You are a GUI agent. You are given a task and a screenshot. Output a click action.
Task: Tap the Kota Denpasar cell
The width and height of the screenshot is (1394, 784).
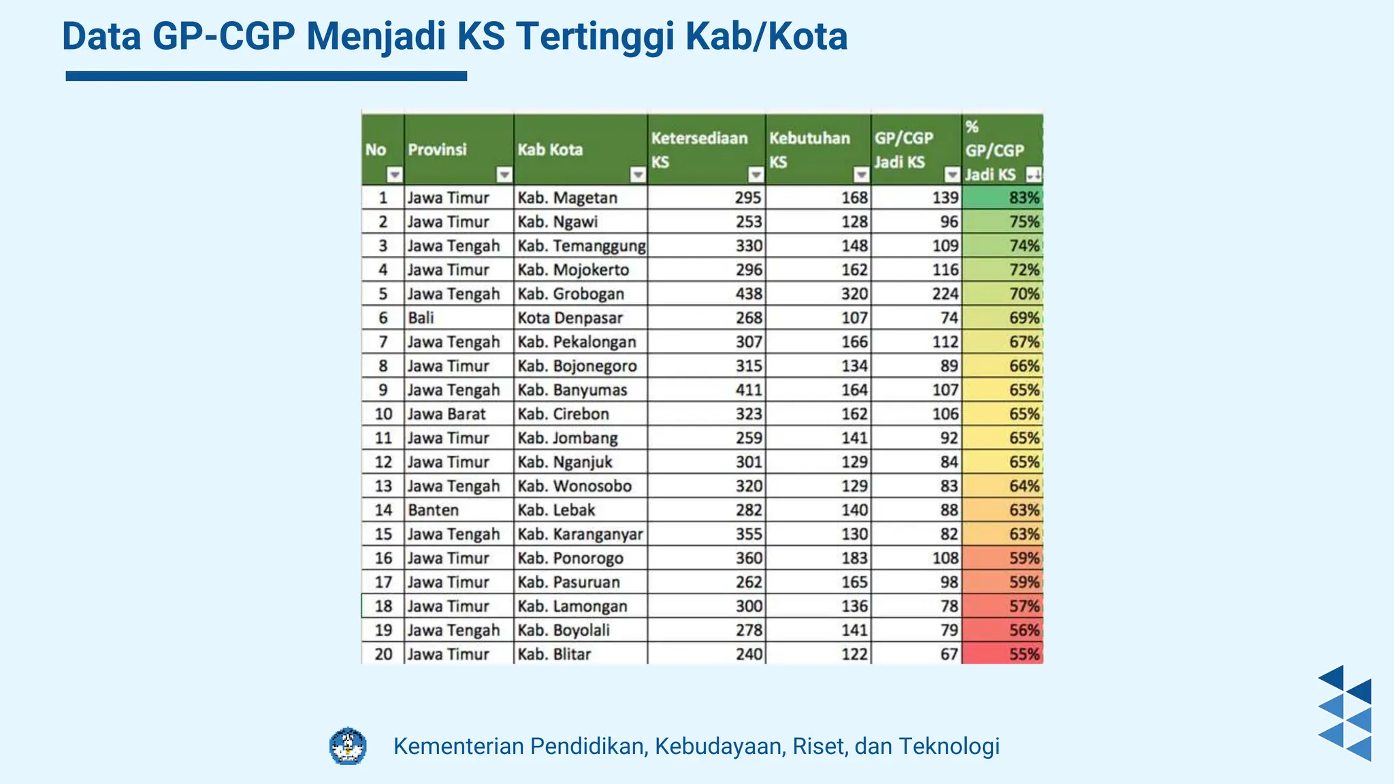click(570, 318)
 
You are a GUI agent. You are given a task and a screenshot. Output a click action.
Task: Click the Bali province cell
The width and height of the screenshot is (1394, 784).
click(421, 318)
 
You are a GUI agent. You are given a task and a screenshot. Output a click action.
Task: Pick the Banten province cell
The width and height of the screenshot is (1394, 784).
click(433, 510)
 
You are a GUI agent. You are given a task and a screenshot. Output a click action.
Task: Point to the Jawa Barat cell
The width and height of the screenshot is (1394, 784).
click(447, 414)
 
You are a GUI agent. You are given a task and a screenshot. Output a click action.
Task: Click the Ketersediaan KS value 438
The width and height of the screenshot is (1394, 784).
click(748, 294)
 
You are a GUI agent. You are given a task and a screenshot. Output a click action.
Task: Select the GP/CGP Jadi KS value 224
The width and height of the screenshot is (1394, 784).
click(945, 294)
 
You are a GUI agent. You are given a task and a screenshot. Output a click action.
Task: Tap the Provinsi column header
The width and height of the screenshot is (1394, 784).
click(437, 150)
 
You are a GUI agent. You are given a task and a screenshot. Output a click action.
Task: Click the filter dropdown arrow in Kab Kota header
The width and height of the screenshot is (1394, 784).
click(638, 176)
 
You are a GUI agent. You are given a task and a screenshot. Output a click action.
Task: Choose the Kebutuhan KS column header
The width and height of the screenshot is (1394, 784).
click(809, 150)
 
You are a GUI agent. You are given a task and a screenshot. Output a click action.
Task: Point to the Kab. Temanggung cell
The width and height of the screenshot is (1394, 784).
click(581, 246)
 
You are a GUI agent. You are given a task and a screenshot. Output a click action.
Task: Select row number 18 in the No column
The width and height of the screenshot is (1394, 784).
click(383, 606)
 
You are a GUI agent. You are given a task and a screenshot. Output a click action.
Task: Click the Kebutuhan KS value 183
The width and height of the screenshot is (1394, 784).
click(854, 558)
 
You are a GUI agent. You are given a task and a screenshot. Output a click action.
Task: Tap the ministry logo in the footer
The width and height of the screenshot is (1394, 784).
click(348, 746)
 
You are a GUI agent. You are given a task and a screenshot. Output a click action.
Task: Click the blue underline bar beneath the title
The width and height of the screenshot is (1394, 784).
click(266, 76)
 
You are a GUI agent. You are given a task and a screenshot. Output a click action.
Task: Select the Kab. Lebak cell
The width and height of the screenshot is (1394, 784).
click(556, 510)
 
